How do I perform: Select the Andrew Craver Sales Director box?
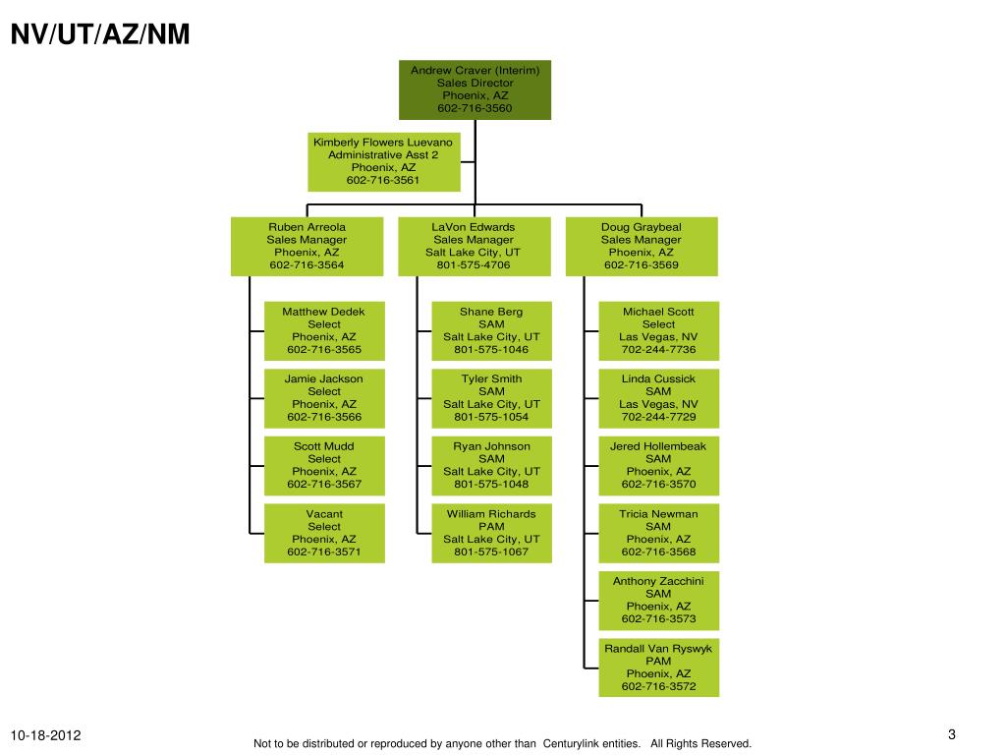click(x=475, y=89)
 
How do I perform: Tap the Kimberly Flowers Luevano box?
click(x=383, y=161)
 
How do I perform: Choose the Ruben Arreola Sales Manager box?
click(x=307, y=246)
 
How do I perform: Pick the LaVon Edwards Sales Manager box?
click(x=474, y=246)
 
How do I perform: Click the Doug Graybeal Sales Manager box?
click(x=641, y=246)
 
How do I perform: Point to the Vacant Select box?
click(x=324, y=533)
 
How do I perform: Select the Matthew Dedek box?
click(x=324, y=330)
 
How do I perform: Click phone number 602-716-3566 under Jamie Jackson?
click(x=324, y=417)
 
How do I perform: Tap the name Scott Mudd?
click(x=324, y=446)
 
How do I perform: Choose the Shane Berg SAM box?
click(x=491, y=330)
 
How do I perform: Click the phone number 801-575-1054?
click(x=491, y=417)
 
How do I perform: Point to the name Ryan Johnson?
click(x=491, y=446)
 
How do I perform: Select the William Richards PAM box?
click(x=491, y=533)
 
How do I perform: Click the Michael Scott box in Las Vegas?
click(x=658, y=330)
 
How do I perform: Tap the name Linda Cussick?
click(x=658, y=378)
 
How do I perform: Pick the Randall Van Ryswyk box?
click(x=658, y=668)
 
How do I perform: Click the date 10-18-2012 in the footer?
click(x=46, y=736)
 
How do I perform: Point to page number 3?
click(x=952, y=735)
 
